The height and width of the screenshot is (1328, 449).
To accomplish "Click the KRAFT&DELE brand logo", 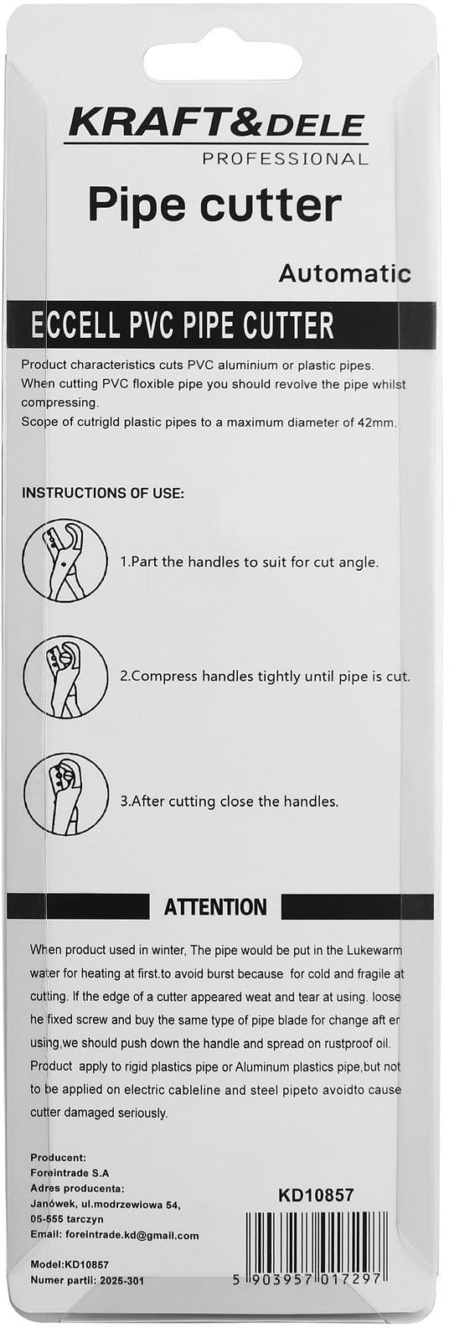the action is tap(218, 125).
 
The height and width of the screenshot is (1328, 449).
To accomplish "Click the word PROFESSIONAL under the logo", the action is tap(285, 159).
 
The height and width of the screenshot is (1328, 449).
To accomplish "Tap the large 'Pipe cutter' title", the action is tap(214, 205).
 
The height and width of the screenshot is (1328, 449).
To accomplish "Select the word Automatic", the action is tap(345, 273).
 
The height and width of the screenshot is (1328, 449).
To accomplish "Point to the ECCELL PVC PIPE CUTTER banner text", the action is tap(182, 325).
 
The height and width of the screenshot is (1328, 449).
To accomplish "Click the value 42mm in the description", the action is tap(377, 423).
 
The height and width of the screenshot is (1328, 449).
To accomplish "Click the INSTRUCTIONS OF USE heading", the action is tap(102, 493).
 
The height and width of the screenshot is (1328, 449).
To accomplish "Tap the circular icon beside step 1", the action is tap(65, 560).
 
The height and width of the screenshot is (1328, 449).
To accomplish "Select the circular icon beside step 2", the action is tap(65, 677).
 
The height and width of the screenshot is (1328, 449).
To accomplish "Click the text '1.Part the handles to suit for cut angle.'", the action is tap(250, 562).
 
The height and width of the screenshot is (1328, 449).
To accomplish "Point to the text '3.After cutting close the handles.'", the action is tap(230, 801).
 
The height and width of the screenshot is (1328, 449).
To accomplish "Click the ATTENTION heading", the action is tap(215, 907).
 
